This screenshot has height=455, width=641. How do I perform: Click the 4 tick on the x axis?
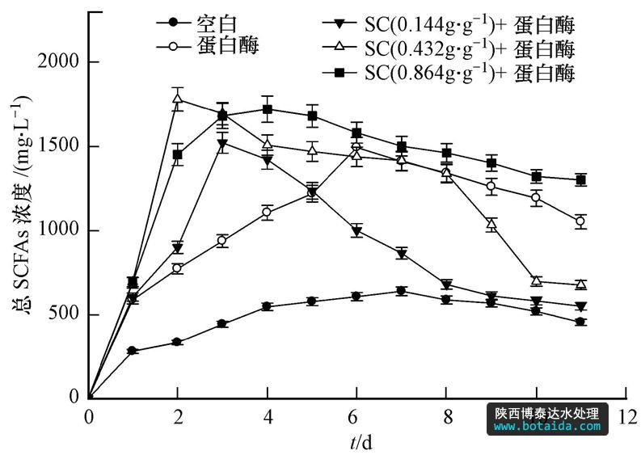(268, 416)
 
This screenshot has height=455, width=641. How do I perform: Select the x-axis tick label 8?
(446, 416)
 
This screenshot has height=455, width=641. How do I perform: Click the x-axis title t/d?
(361, 442)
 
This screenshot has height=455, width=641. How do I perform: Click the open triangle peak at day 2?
(178, 99)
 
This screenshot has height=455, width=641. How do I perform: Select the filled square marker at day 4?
(268, 109)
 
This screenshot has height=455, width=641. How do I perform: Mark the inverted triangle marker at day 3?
(222, 144)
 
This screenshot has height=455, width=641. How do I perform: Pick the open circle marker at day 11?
(580, 221)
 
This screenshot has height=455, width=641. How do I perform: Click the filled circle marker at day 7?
(401, 291)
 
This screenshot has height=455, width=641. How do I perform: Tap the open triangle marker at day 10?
(536, 280)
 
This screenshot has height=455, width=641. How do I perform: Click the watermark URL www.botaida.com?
(546, 426)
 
